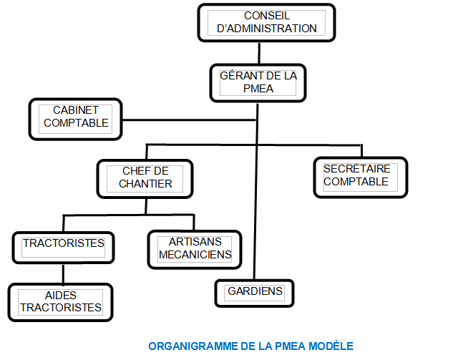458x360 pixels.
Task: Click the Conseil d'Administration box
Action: (x=265, y=22)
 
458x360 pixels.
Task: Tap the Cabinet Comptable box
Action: (x=75, y=117)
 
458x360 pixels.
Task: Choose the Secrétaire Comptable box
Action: (x=360, y=175)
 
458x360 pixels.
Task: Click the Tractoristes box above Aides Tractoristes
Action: (x=63, y=244)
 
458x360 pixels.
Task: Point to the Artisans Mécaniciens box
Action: (x=195, y=248)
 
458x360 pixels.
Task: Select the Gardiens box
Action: (x=255, y=292)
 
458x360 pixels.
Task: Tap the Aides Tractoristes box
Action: (x=60, y=301)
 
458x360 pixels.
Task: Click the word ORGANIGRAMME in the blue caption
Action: (x=185, y=346)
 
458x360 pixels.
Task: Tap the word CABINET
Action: (x=75, y=111)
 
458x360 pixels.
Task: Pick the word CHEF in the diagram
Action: (x=136, y=170)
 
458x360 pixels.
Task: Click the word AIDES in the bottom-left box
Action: (x=60, y=295)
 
